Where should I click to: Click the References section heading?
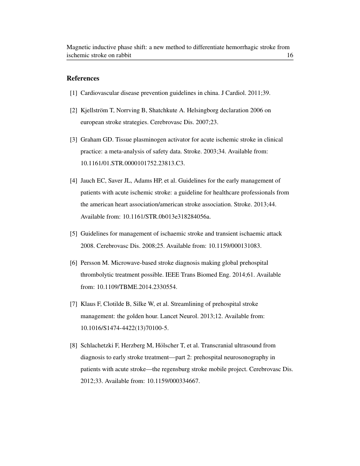[x=83, y=78]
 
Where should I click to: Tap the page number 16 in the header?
[x=290, y=55]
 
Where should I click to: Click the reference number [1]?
[x=74, y=93]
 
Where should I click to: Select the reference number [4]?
[x=74, y=180]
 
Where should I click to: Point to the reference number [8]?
[x=74, y=345]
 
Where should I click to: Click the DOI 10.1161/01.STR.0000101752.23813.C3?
[x=133, y=163]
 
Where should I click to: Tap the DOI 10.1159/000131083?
[x=235, y=246]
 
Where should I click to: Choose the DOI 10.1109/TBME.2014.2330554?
[x=136, y=287]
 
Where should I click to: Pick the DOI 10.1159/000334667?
[x=173, y=381]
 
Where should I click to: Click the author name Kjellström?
[x=95, y=110]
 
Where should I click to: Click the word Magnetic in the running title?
[x=79, y=47]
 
